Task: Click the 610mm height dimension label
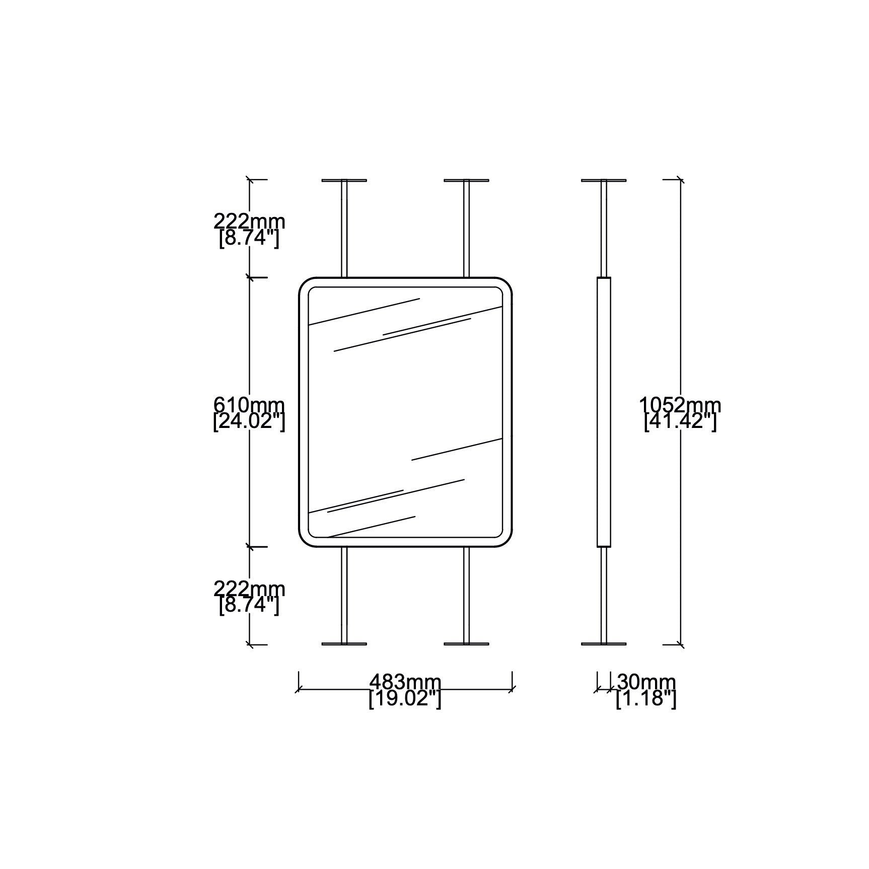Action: (x=249, y=405)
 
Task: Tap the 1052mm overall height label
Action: (x=680, y=405)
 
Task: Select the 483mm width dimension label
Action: (x=405, y=682)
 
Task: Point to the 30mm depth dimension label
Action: (x=646, y=682)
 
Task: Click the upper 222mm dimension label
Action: (x=249, y=221)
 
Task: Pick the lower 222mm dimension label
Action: (x=249, y=589)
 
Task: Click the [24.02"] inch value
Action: (x=249, y=421)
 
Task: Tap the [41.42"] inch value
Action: (x=680, y=421)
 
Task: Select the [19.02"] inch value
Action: (x=405, y=698)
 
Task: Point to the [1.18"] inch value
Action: (x=646, y=698)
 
